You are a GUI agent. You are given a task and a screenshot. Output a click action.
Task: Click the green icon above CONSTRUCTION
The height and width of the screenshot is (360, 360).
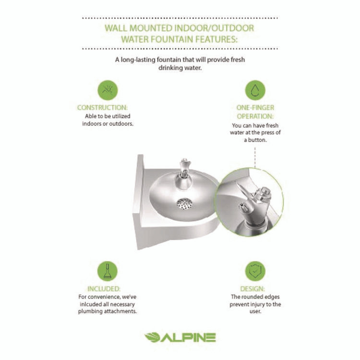(108, 90)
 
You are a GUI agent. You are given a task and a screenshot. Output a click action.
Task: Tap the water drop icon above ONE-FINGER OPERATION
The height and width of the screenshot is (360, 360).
(255, 90)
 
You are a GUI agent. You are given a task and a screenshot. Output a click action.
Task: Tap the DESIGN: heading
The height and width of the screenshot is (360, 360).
(255, 289)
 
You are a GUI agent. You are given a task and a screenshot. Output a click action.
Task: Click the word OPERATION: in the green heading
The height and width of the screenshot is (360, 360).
(255, 117)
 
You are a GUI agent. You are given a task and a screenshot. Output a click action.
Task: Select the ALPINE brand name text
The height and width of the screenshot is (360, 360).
(188, 337)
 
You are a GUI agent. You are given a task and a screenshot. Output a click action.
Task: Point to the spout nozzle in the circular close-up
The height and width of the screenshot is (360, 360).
(243, 207)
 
